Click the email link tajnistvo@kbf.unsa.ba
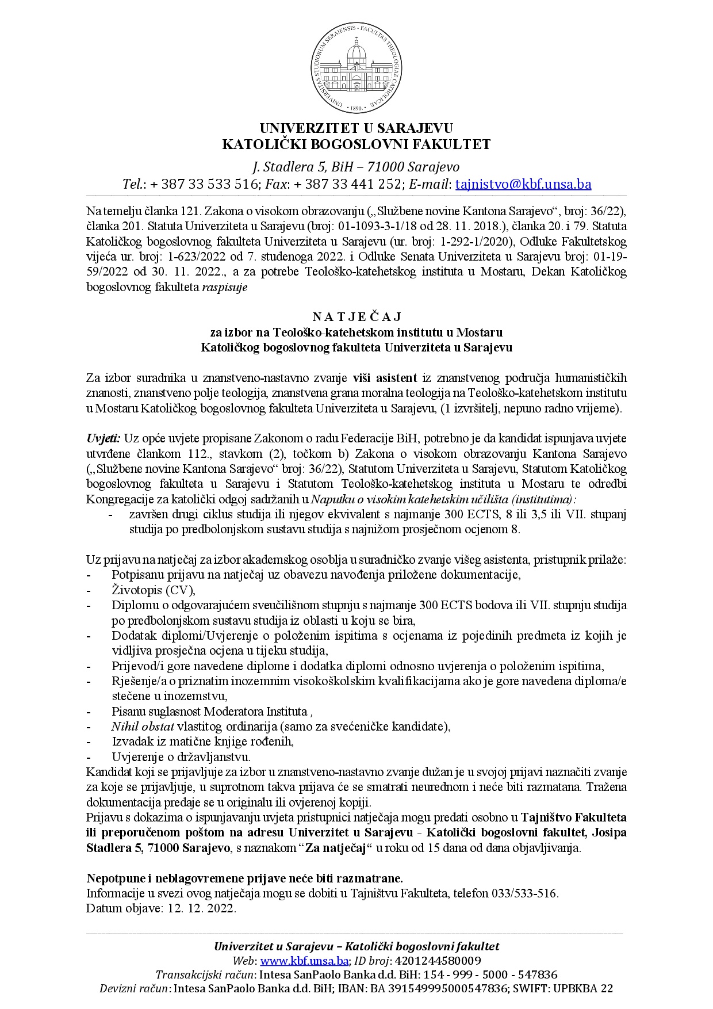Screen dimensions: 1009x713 pyautogui.click(x=523, y=184)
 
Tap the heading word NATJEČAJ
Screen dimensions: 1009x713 pyautogui.click(x=356, y=317)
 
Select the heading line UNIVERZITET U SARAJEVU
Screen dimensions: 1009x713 pyautogui.click(x=356, y=128)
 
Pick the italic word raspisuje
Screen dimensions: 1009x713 pyautogui.click(x=224, y=287)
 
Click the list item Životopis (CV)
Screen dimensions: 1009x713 pyautogui.click(x=154, y=590)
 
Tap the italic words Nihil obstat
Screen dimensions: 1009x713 pyautogui.click(x=143, y=726)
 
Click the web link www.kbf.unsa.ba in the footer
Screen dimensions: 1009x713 pyautogui.click(x=305, y=961)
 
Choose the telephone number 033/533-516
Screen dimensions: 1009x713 pyautogui.click(x=523, y=893)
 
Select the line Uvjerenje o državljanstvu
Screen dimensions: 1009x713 pyautogui.click(x=181, y=756)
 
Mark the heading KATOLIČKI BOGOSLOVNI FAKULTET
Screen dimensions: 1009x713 pyautogui.click(x=356, y=144)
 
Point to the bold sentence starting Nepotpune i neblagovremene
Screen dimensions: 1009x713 pyautogui.click(x=244, y=878)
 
